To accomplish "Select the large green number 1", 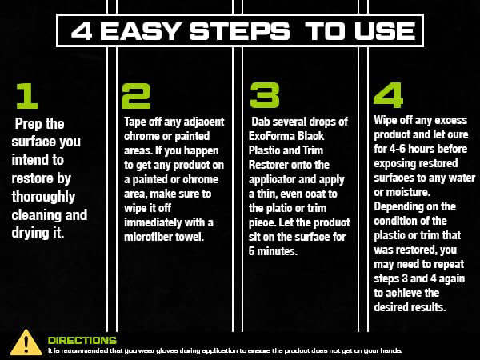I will (x=27, y=95).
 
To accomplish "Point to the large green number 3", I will (x=265, y=95).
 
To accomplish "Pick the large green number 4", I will (x=388, y=95).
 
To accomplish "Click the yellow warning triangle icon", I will (x=26, y=342).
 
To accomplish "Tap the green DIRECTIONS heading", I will (x=82, y=340).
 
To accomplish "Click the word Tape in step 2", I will (x=136, y=122).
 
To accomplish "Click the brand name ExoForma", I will (x=275, y=136).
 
